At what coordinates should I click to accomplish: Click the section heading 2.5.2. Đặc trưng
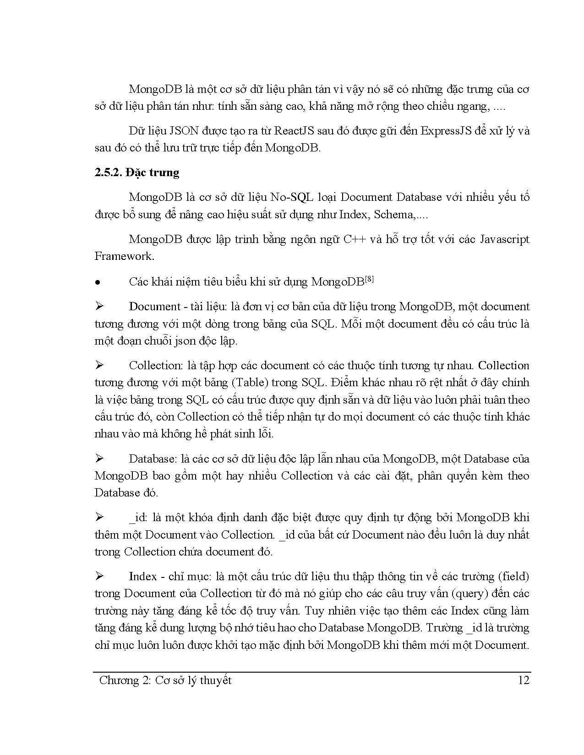click(x=137, y=173)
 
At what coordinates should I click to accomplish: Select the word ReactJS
click(x=294, y=131)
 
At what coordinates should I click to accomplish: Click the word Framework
click(x=124, y=256)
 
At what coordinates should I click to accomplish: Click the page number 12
click(x=523, y=680)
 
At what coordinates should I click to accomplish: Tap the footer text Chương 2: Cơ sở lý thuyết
click(x=165, y=680)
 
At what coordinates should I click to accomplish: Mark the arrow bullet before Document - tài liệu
click(x=99, y=307)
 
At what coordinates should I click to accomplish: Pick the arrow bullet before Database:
click(x=99, y=458)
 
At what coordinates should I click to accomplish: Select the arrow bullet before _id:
click(x=99, y=518)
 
